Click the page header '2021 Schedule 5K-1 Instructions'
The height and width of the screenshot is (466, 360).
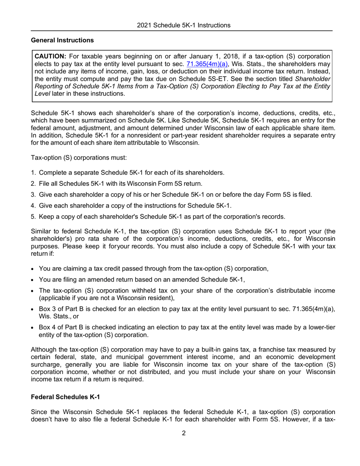coord(183,25)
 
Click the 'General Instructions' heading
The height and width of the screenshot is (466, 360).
coord(62,40)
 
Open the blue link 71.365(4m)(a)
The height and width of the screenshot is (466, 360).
coord(207,64)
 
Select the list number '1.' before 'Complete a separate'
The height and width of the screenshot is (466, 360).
coord(34,173)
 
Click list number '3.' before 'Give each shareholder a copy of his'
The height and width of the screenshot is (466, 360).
coord(34,195)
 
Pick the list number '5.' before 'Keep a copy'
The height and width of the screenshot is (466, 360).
coord(34,217)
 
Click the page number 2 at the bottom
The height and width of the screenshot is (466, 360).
coord(184,433)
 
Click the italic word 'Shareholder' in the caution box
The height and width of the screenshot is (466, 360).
coord(313,79)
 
